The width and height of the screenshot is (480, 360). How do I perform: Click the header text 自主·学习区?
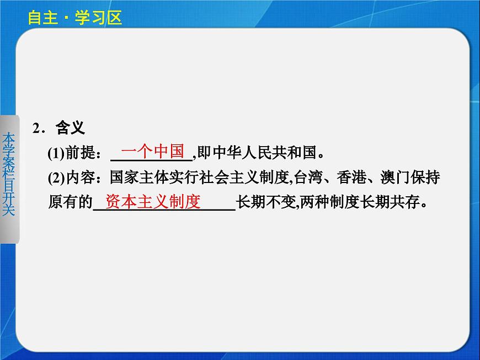pos(74,18)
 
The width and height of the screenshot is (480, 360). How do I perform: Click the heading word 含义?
pos(70,128)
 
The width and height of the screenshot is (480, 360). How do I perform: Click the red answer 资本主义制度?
pos(153,202)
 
